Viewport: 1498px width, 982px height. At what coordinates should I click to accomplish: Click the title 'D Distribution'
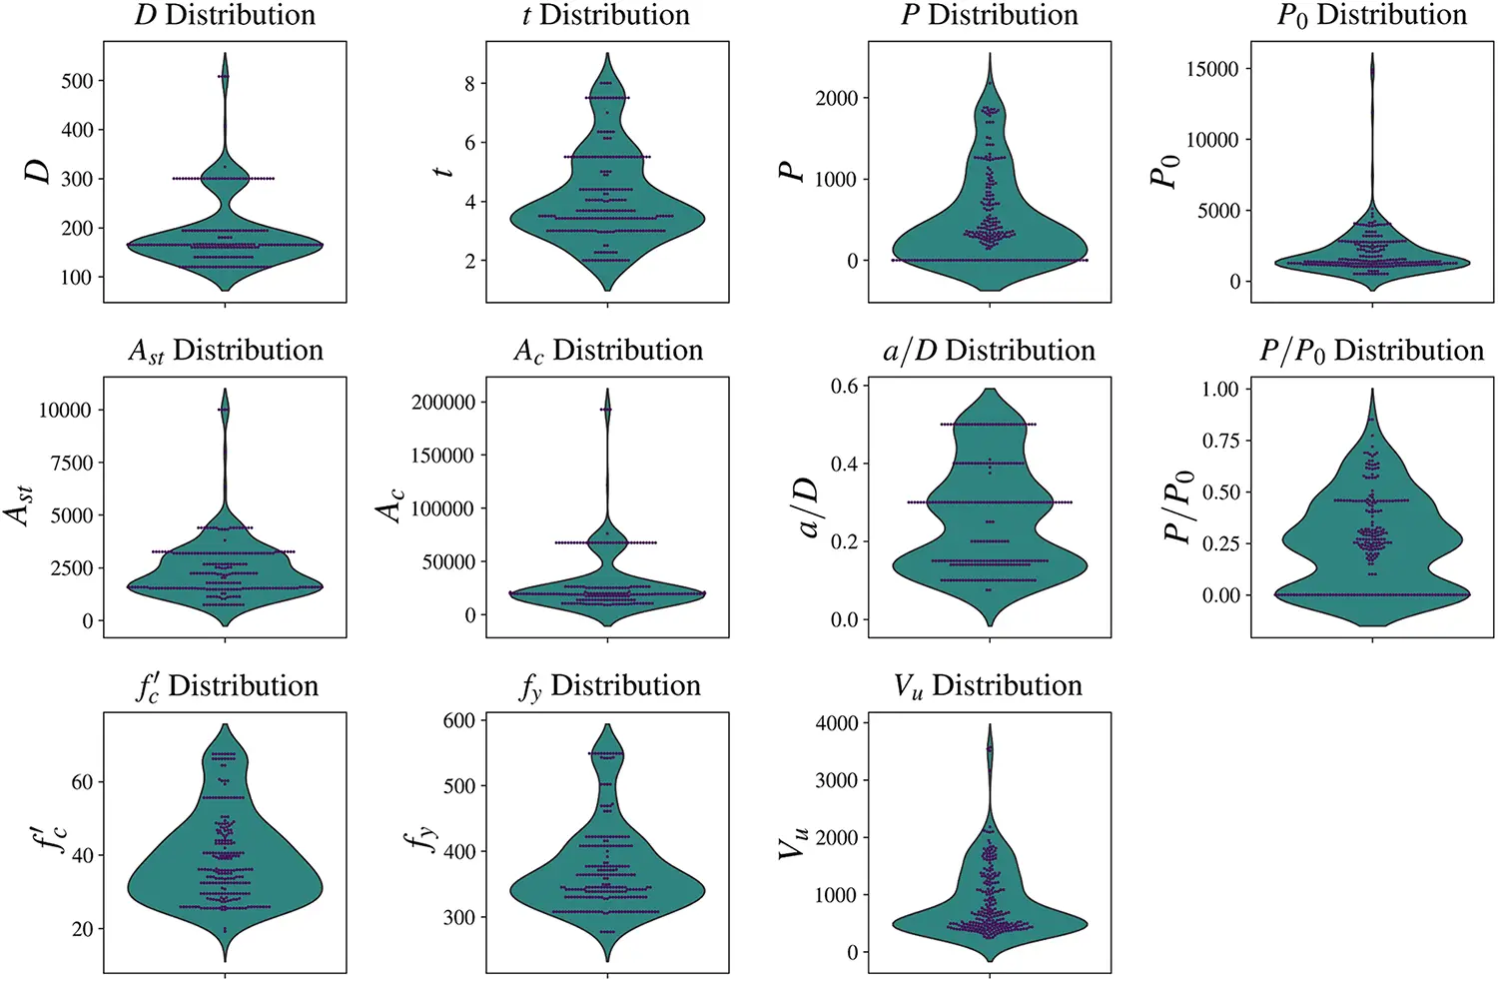click(x=225, y=15)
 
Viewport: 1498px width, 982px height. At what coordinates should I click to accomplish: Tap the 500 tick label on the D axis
click(x=77, y=81)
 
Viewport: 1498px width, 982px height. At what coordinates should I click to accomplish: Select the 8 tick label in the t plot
click(x=469, y=84)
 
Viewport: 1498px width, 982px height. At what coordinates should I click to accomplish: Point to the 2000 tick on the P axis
click(x=836, y=98)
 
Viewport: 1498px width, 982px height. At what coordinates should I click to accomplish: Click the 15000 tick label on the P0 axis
click(x=1212, y=69)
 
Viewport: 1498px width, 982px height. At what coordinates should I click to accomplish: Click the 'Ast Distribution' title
click(x=225, y=351)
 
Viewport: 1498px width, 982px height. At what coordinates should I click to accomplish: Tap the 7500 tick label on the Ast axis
click(x=66, y=463)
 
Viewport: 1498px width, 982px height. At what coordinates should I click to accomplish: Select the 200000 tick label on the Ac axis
click(x=442, y=403)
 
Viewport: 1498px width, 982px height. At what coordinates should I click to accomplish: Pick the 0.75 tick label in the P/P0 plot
click(x=1219, y=441)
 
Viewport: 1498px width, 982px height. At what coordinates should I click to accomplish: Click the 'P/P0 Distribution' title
click(x=1371, y=351)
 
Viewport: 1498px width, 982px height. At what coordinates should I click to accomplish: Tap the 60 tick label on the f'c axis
click(x=82, y=782)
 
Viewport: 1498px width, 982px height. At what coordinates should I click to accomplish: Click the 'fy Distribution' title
click(x=609, y=686)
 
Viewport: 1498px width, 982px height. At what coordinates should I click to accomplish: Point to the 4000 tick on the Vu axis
click(x=836, y=723)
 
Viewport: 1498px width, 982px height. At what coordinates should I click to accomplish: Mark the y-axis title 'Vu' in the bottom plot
click(x=792, y=843)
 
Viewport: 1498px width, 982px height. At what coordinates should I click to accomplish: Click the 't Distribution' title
click(x=606, y=15)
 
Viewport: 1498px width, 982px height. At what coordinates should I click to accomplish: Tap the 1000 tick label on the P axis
click(x=836, y=180)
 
